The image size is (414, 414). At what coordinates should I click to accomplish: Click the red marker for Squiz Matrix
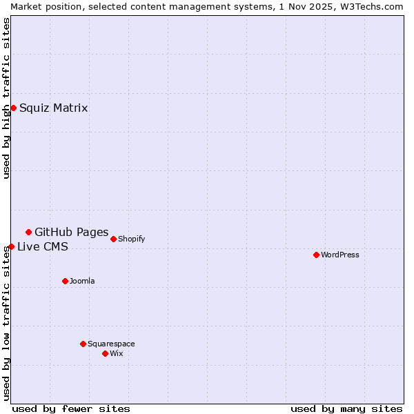(x=13, y=108)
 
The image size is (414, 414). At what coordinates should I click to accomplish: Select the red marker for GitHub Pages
(x=28, y=232)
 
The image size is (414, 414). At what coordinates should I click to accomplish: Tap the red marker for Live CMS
(x=11, y=246)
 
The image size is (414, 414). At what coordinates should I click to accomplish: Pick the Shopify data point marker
(x=113, y=239)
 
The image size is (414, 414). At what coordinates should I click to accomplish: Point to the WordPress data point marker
(x=316, y=255)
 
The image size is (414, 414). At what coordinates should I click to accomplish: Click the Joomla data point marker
(x=65, y=281)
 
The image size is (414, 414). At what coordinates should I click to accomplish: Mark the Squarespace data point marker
(x=83, y=344)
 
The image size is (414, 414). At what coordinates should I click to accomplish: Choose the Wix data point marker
(x=105, y=353)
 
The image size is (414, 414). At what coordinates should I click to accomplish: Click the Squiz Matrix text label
(x=54, y=108)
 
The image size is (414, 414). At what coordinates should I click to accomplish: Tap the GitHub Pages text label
(x=71, y=232)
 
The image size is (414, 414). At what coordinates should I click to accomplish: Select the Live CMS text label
(x=43, y=247)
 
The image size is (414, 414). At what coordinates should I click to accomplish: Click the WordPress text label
(x=340, y=255)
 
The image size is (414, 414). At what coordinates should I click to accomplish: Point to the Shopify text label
(x=132, y=239)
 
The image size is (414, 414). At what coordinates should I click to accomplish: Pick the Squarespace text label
(x=111, y=344)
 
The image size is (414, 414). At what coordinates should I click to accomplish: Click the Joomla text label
(x=82, y=281)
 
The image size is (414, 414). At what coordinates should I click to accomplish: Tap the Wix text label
(x=117, y=353)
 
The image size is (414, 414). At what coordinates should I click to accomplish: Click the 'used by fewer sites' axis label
(x=71, y=408)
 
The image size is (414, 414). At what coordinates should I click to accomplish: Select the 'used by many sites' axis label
(x=346, y=408)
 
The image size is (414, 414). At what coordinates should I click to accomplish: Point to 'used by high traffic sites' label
(x=6, y=98)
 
